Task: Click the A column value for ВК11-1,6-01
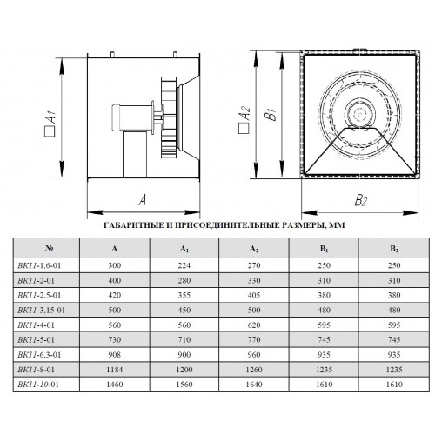coord(115,265)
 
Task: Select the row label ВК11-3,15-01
coord(41,310)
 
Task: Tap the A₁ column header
coord(184,249)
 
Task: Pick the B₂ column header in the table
coord(394,249)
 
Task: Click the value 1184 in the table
coord(115,370)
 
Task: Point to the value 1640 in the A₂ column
coord(254,385)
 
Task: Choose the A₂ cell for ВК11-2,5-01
coord(254,295)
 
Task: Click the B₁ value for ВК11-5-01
coord(324,339)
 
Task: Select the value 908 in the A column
coord(115,355)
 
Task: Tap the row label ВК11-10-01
coord(38,385)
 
